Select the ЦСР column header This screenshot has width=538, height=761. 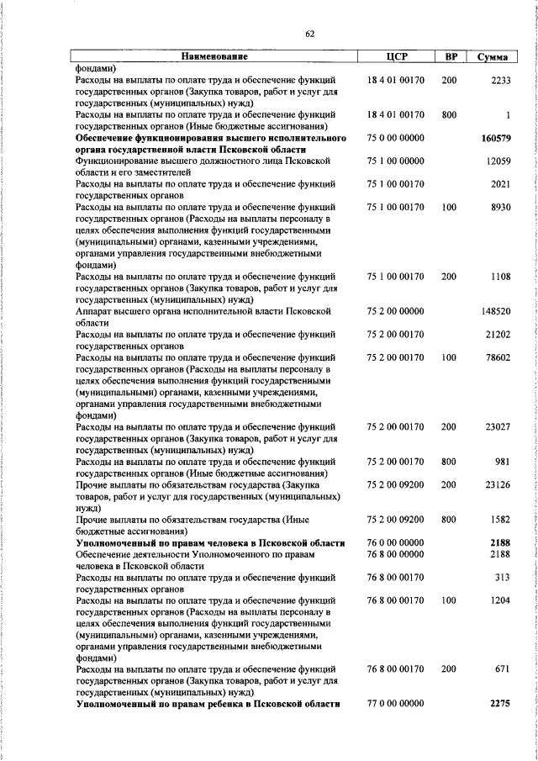pos(395,56)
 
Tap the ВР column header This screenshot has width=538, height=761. pos(450,56)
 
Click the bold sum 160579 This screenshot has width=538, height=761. pos(496,138)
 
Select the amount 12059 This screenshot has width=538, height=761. pos(498,161)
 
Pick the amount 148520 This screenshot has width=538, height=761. pos(496,311)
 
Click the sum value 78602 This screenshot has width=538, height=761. pos(498,357)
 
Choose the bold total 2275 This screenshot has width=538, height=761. pos(499,704)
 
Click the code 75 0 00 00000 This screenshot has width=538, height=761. pos(395,138)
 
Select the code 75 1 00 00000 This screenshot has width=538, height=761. pos(395,161)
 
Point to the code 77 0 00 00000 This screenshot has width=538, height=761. pos(395,704)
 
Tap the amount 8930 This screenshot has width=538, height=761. pos(500,206)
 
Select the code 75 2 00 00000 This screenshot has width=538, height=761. pos(395,311)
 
